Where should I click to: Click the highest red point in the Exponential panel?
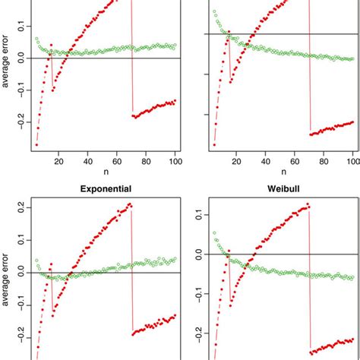pos(130,204)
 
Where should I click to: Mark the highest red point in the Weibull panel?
pos(308,204)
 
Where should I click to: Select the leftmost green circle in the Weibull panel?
pos(214,232)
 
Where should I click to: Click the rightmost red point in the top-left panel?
pos(175,100)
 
